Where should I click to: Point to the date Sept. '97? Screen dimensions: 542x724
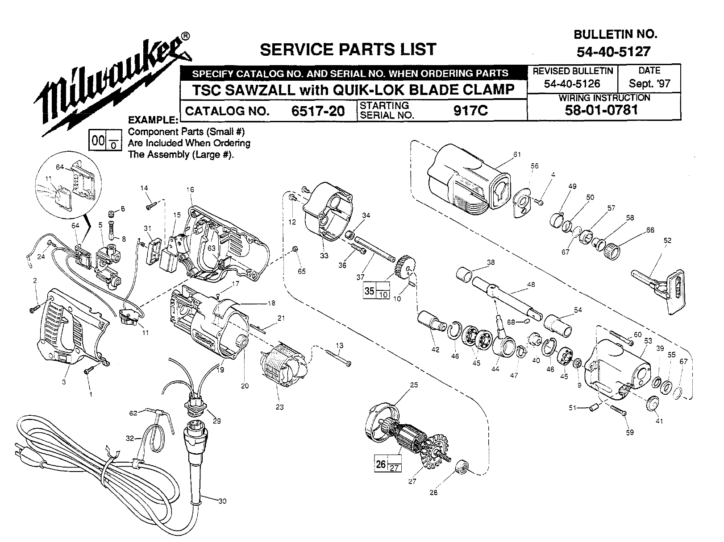point(649,83)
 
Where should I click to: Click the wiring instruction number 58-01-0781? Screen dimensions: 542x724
point(601,110)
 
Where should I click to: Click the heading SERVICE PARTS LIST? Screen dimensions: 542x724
point(348,49)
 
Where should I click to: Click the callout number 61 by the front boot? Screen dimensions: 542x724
point(517,154)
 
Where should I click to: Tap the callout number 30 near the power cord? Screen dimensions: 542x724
point(222,501)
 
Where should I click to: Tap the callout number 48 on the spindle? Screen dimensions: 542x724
point(531,284)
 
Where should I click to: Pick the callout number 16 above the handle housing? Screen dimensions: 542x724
point(191,190)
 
